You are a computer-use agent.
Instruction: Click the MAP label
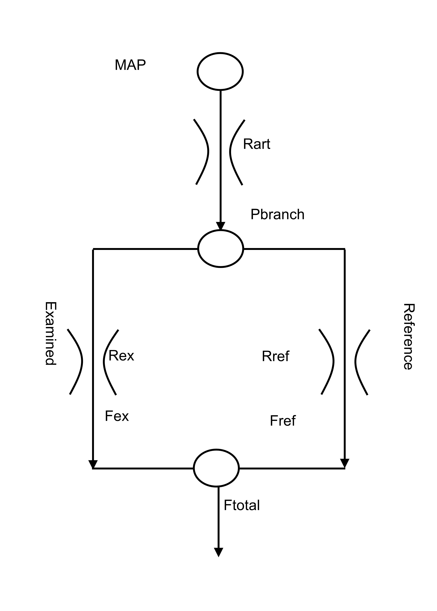pyautogui.click(x=130, y=65)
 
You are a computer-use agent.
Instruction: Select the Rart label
pyautogui.click(x=256, y=144)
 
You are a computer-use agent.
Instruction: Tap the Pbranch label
pyautogui.click(x=277, y=214)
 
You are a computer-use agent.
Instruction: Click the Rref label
pyautogui.click(x=275, y=356)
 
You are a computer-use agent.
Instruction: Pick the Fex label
pyautogui.click(x=117, y=416)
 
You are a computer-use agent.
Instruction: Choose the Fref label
pyautogui.click(x=283, y=421)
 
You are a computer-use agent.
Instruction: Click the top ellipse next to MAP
pyautogui.click(x=220, y=71)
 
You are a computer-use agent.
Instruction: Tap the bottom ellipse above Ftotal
pyautogui.click(x=216, y=468)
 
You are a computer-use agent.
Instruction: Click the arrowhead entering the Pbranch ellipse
pyautogui.click(x=220, y=226)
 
